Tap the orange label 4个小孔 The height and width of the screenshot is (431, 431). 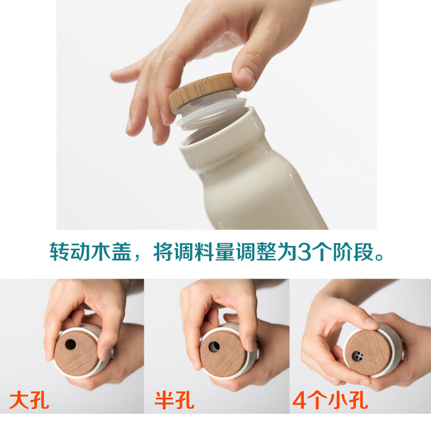[331, 400]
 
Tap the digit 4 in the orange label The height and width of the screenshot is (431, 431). [299, 400]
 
